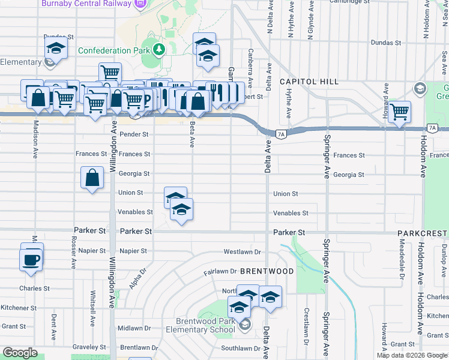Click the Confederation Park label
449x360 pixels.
[113, 51]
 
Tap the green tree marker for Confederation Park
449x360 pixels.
[159, 49]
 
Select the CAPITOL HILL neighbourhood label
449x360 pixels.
[309, 82]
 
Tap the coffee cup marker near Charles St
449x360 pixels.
[31, 260]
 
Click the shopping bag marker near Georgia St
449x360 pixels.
[92, 178]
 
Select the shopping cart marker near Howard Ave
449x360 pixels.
[399, 112]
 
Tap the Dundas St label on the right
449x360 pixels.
[385, 43]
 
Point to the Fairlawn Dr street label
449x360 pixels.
[217, 272]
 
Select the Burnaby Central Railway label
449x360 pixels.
[86, 4]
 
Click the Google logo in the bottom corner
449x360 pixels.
[20, 353]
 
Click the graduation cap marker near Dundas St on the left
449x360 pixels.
[56, 48]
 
